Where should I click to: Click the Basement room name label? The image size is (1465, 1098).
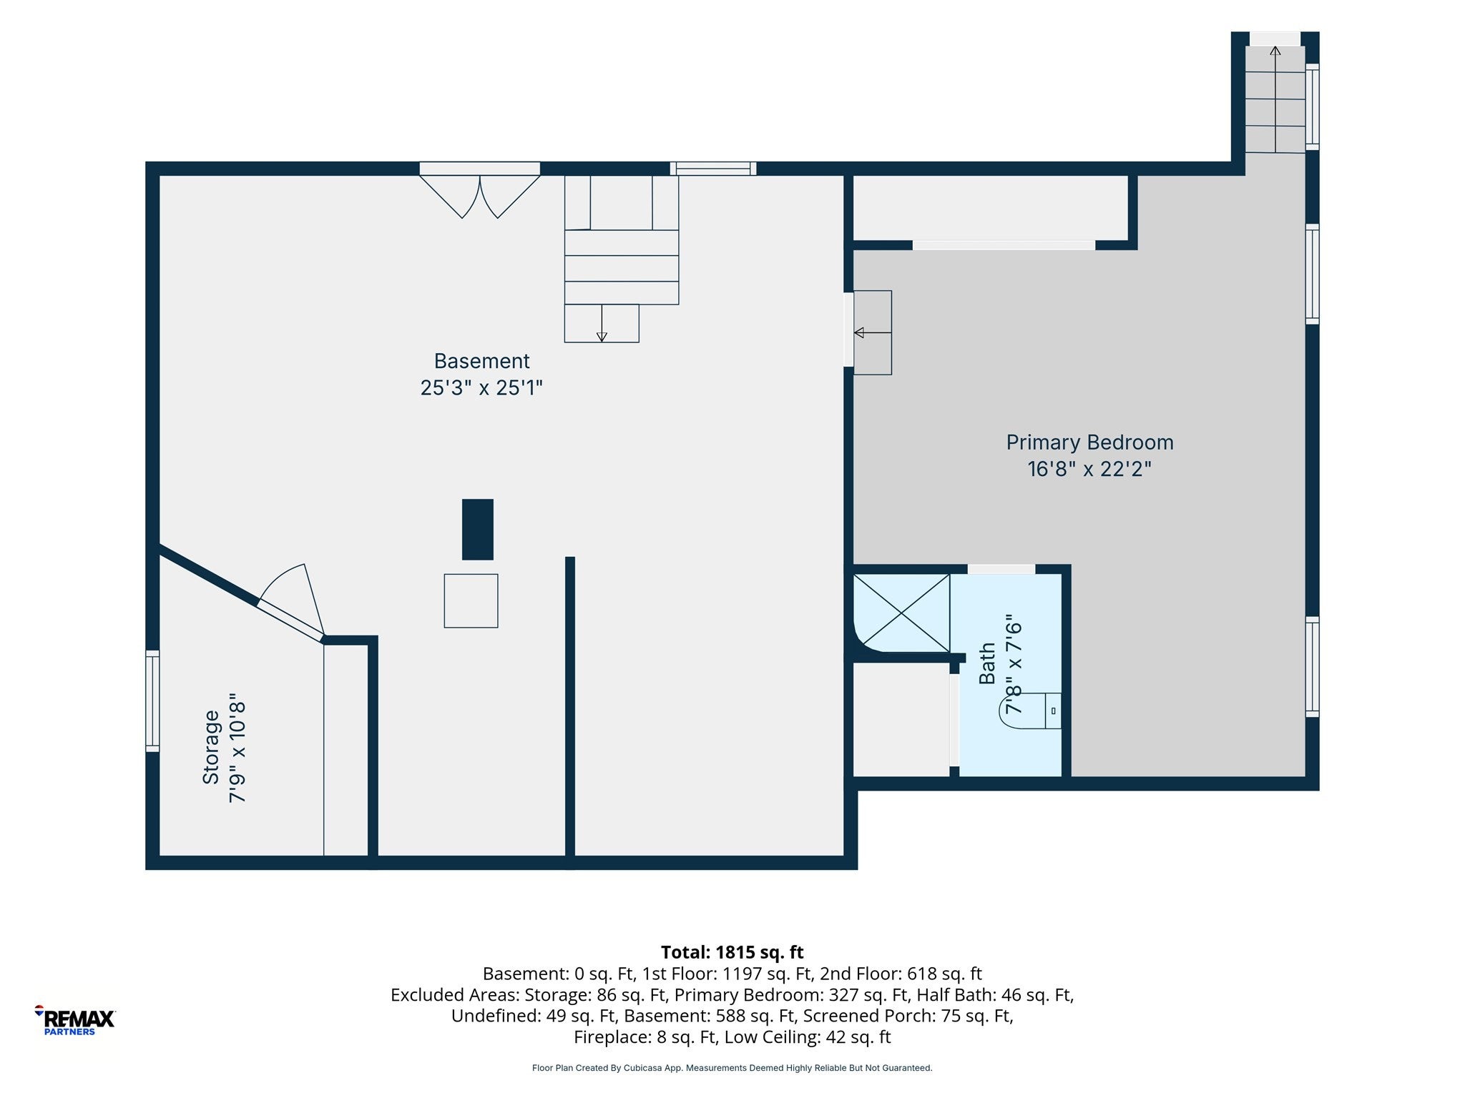point(481,361)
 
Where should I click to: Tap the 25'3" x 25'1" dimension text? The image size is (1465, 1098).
point(481,388)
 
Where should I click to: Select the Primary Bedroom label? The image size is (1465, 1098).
point(1089,443)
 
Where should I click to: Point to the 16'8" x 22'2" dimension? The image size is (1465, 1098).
point(1089,469)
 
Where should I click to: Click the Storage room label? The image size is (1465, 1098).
point(211,747)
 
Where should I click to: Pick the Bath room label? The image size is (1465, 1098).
point(987,663)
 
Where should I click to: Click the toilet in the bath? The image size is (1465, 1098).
point(1030,711)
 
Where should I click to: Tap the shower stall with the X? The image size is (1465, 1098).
point(901,613)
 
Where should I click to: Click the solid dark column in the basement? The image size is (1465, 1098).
point(478,529)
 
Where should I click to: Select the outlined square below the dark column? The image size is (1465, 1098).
point(471,601)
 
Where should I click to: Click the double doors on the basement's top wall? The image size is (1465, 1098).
point(479,190)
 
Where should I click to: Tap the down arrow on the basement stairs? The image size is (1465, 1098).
point(602,323)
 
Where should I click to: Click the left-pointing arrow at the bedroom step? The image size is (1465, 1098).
point(873,332)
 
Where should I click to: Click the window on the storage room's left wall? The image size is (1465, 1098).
point(152,701)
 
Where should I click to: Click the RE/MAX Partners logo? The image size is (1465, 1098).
point(75,1020)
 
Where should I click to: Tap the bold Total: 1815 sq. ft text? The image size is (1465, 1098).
point(732,952)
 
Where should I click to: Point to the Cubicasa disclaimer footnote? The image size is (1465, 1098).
point(732,1068)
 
